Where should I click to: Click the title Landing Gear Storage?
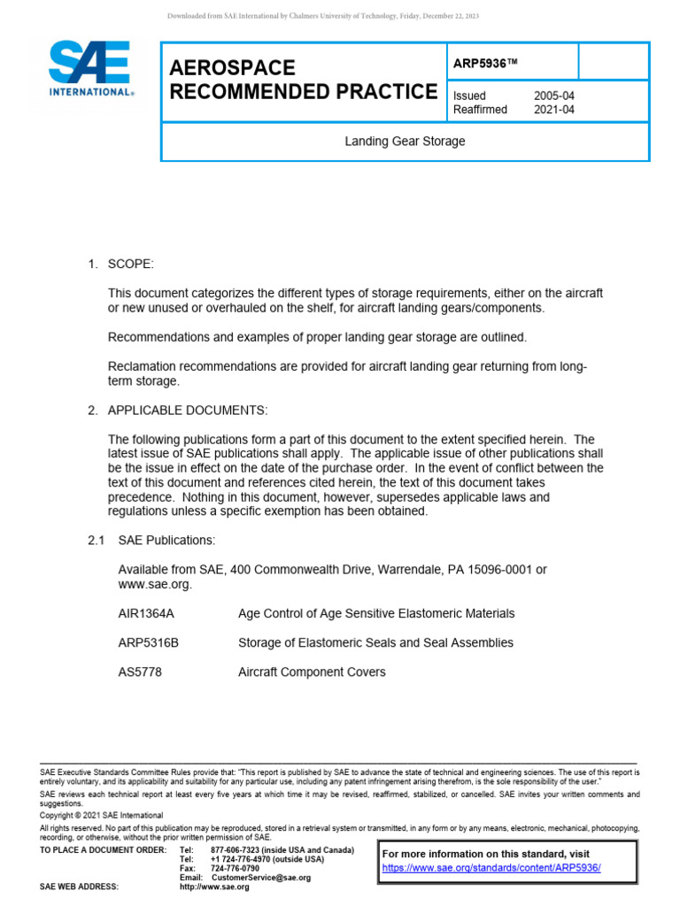coord(405,142)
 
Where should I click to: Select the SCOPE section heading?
coord(131,265)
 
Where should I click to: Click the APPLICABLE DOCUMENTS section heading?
coord(187,411)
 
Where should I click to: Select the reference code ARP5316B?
coord(149,642)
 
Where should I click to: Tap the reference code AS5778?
coord(140,672)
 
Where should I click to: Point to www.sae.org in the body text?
coord(154,584)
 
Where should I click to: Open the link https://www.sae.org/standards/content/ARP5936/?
coord(491,868)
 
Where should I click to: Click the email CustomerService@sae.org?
coord(261,878)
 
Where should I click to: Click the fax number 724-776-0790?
coord(235,869)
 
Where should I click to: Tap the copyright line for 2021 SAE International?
coord(102,815)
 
